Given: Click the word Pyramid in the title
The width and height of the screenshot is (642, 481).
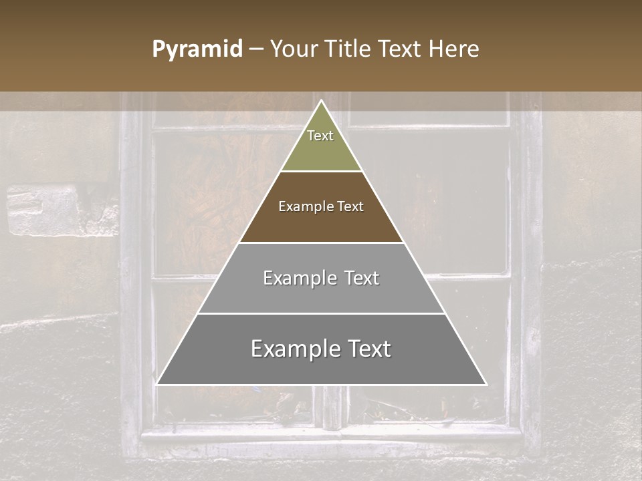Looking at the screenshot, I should (x=197, y=49).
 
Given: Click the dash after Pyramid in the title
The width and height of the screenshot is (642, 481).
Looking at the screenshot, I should (x=256, y=49).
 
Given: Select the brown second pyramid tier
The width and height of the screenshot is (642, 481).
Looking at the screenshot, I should (x=321, y=224).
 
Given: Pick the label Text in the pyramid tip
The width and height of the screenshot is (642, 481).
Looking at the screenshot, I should (x=320, y=136).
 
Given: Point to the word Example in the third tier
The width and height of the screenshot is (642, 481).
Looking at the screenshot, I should (x=298, y=278).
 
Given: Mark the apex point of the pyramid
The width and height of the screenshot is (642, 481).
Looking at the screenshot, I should (x=322, y=101).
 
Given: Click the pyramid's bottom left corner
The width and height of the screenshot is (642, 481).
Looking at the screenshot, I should (x=157, y=384).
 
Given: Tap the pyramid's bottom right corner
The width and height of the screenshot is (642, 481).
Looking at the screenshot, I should (x=486, y=384).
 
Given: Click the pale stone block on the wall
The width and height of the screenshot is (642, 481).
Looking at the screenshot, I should (x=44, y=210).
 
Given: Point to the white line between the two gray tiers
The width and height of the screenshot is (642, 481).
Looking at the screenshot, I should (x=321, y=313).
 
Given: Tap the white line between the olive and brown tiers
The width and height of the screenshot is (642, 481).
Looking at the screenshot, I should (x=321, y=172).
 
